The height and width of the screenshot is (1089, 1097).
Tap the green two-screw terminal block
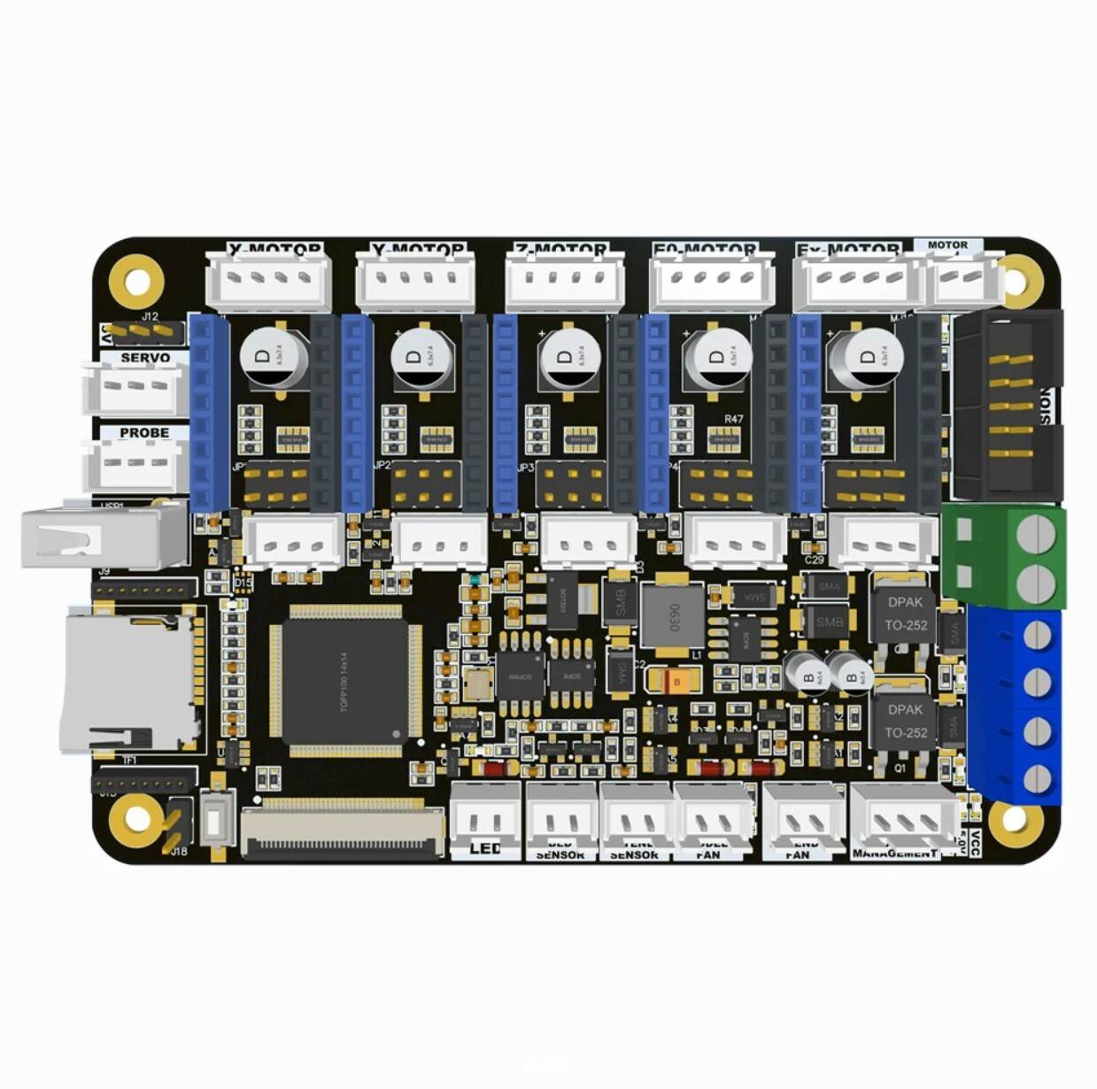coord(1004,557)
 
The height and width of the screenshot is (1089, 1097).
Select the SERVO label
coord(145,358)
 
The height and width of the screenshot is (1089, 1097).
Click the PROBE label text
coord(144,433)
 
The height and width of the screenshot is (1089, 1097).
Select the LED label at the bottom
coord(485,849)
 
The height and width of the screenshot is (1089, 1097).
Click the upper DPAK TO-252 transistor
coord(905,613)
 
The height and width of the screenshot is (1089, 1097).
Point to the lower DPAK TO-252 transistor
coord(905,720)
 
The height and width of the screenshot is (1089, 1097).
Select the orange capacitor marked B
coord(676,681)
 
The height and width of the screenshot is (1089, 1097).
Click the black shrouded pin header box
coord(1009,404)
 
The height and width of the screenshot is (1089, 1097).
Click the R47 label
coord(734,419)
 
